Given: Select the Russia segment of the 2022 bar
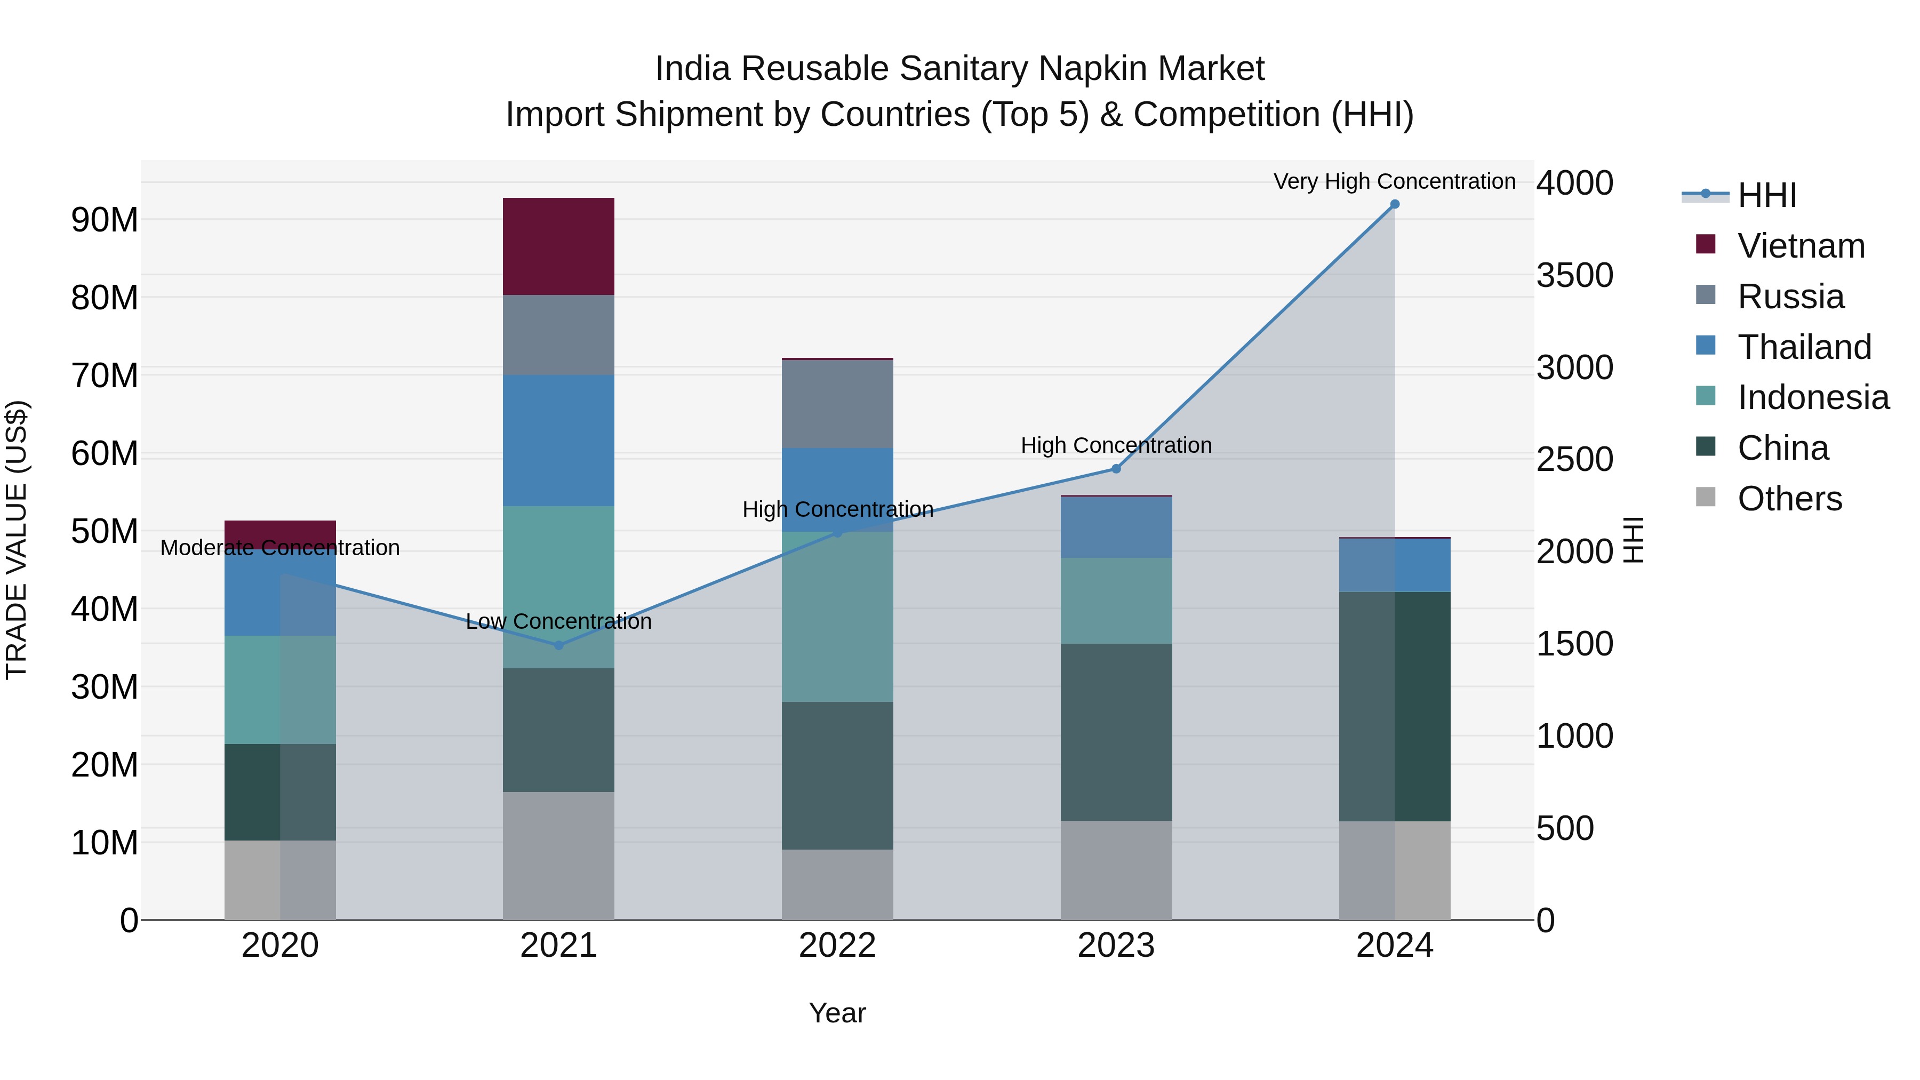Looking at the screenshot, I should point(837,403).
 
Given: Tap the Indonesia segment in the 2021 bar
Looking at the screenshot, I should point(558,587).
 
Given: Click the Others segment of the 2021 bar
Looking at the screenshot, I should point(558,855).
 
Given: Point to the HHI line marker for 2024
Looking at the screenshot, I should point(1395,204).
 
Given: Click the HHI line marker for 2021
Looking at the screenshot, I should point(559,645).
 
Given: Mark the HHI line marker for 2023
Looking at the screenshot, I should point(1116,469).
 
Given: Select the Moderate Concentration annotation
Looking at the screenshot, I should point(279,548).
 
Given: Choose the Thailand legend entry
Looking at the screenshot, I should point(1804,347).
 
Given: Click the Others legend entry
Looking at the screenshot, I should point(1789,499).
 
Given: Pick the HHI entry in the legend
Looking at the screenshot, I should point(1766,195).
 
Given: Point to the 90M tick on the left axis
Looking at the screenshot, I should point(105,220).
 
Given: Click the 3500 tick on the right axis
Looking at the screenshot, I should point(1574,275).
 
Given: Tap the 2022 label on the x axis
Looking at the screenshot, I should point(837,946).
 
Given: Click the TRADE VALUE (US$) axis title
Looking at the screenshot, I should point(17,540).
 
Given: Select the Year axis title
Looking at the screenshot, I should point(837,1013).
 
